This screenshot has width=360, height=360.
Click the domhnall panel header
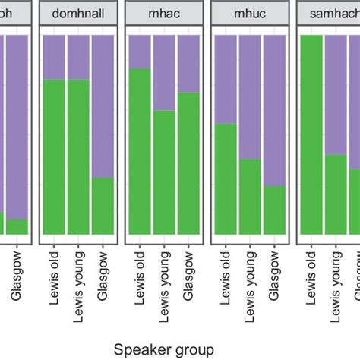point(79,16)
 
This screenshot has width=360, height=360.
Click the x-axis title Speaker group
point(163,348)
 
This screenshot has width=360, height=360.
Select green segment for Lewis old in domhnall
point(55,156)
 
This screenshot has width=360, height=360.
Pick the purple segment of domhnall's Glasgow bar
point(103,106)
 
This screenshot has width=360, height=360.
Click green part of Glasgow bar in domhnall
point(103,205)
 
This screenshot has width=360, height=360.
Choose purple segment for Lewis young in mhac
point(164,72)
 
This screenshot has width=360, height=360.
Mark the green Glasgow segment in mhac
point(188,163)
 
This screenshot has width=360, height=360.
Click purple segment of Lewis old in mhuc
point(226,79)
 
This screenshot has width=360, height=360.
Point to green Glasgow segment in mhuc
point(274,210)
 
